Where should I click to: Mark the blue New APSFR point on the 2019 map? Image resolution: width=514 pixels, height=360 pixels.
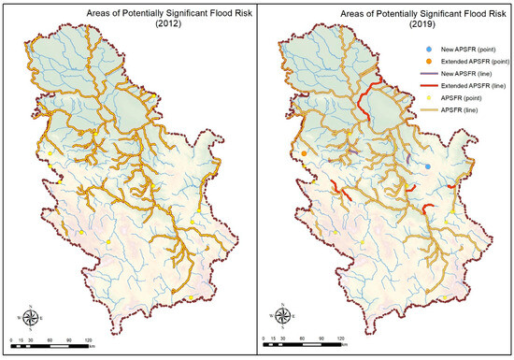pos(428,166)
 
